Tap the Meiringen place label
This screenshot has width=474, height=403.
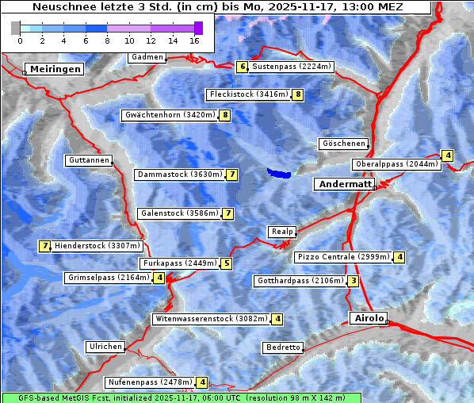pyautogui.click(x=54, y=69)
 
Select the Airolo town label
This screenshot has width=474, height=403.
pyautogui.click(x=369, y=318)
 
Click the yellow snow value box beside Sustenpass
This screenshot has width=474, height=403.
pyautogui.click(x=243, y=67)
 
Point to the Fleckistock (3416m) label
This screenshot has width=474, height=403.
pyautogui.click(x=247, y=95)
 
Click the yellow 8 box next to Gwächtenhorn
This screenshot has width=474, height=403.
pyautogui.click(x=225, y=115)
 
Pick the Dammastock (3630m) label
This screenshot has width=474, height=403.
pyautogui.click(x=179, y=175)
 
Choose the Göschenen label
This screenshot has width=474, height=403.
pyautogui.click(x=343, y=144)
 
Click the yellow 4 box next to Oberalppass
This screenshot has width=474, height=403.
pyautogui.click(x=448, y=155)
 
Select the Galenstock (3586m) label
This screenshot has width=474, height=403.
pyautogui.click(x=178, y=213)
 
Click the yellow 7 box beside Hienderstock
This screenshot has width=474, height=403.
pyautogui.click(x=44, y=246)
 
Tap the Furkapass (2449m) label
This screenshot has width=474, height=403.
pyautogui.click(x=179, y=263)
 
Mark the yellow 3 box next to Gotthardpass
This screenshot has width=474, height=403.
pyautogui.click(x=354, y=280)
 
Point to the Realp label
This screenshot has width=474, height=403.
pyautogui.click(x=281, y=232)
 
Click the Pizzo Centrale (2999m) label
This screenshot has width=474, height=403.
pyautogui.click(x=343, y=257)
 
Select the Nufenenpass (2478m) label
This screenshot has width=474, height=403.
pyautogui.click(x=150, y=382)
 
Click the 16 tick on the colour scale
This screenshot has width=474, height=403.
pyautogui.click(x=195, y=40)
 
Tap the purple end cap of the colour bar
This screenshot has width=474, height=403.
pyautogui.click(x=198, y=28)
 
